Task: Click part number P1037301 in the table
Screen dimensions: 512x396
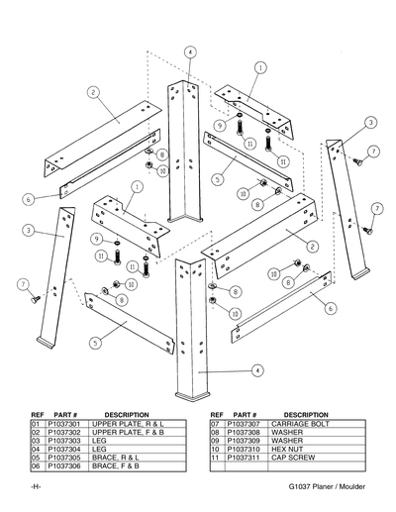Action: pos(65,424)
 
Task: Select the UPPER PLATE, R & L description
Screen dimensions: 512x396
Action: pos(127,424)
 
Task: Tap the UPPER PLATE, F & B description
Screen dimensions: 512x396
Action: pos(127,433)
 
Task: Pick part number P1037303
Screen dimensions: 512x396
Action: pos(65,442)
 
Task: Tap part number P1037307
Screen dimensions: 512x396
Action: pos(245,424)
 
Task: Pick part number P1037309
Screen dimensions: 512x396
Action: pos(245,442)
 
